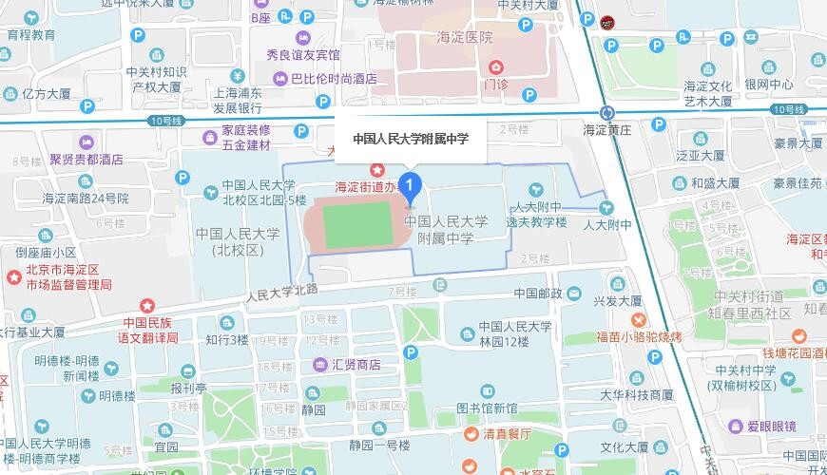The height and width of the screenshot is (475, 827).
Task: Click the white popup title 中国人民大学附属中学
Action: (x=411, y=139)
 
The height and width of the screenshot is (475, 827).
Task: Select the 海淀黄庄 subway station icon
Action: (x=606, y=111)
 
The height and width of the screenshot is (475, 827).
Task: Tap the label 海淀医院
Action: (x=465, y=37)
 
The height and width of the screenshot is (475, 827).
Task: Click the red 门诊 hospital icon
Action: (x=495, y=67)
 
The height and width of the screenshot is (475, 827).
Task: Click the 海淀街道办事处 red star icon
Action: (x=377, y=169)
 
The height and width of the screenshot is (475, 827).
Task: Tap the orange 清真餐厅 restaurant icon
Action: (x=469, y=434)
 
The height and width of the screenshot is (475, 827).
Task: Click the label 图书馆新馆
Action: (x=487, y=408)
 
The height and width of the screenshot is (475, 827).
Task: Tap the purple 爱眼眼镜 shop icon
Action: (x=735, y=427)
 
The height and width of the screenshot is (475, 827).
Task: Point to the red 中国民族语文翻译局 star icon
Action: (x=147, y=306)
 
